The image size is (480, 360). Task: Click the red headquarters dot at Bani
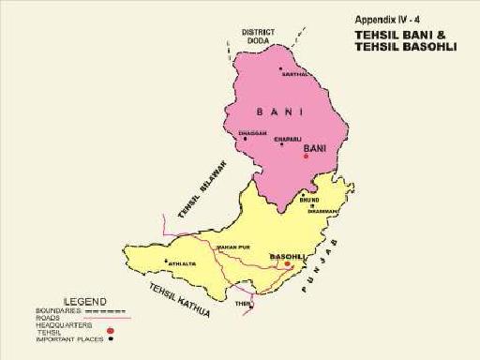tap(306, 157)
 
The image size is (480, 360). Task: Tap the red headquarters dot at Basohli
tap(288, 264)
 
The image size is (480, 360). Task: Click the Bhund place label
tap(309, 200)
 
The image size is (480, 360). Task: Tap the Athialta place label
tap(183, 263)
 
